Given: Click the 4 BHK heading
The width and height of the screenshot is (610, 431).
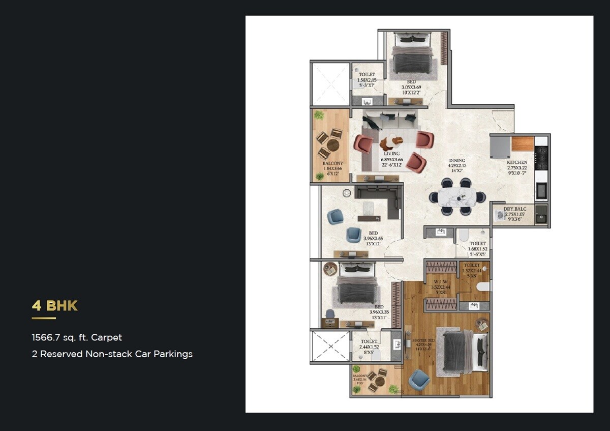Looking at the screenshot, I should pyautogui.click(x=54, y=306).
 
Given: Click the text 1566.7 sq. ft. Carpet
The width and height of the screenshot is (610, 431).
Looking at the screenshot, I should pyautogui.click(x=77, y=337).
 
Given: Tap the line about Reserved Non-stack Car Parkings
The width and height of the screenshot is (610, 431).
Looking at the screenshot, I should pyautogui.click(x=112, y=354).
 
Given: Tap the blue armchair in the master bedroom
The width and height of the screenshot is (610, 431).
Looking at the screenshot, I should pyautogui.click(x=419, y=380).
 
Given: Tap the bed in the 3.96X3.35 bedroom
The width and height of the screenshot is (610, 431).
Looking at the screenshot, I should pyautogui.click(x=357, y=290).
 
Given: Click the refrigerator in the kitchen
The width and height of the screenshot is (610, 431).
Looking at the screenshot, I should pyautogui.click(x=500, y=147).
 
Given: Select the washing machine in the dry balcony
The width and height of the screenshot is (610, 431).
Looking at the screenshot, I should pyautogui.click(x=500, y=216).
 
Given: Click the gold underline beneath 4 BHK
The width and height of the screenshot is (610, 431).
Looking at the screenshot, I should pyautogui.click(x=44, y=319).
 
